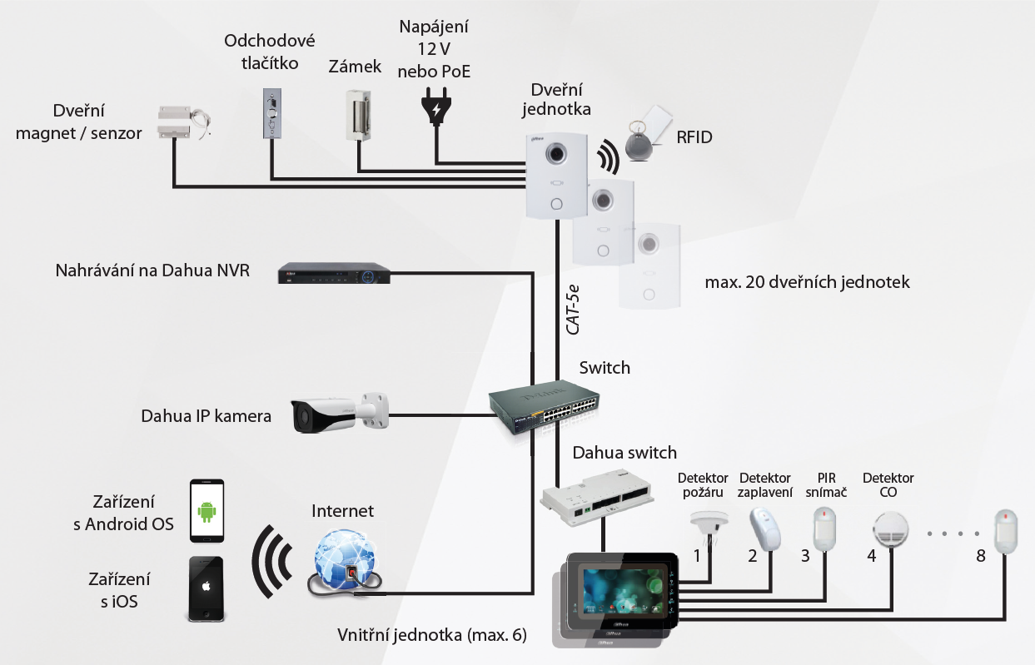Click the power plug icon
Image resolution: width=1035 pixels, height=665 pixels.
[435, 109]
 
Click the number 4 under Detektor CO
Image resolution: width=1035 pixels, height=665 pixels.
[872, 556]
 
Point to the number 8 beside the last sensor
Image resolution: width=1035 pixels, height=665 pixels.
[981, 556]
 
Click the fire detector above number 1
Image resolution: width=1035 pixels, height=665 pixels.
[709, 526]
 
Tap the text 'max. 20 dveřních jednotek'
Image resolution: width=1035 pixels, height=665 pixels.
[807, 282]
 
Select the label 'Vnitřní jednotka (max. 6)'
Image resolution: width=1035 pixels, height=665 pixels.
[432, 635]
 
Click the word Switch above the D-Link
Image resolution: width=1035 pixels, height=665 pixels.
[605, 368]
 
